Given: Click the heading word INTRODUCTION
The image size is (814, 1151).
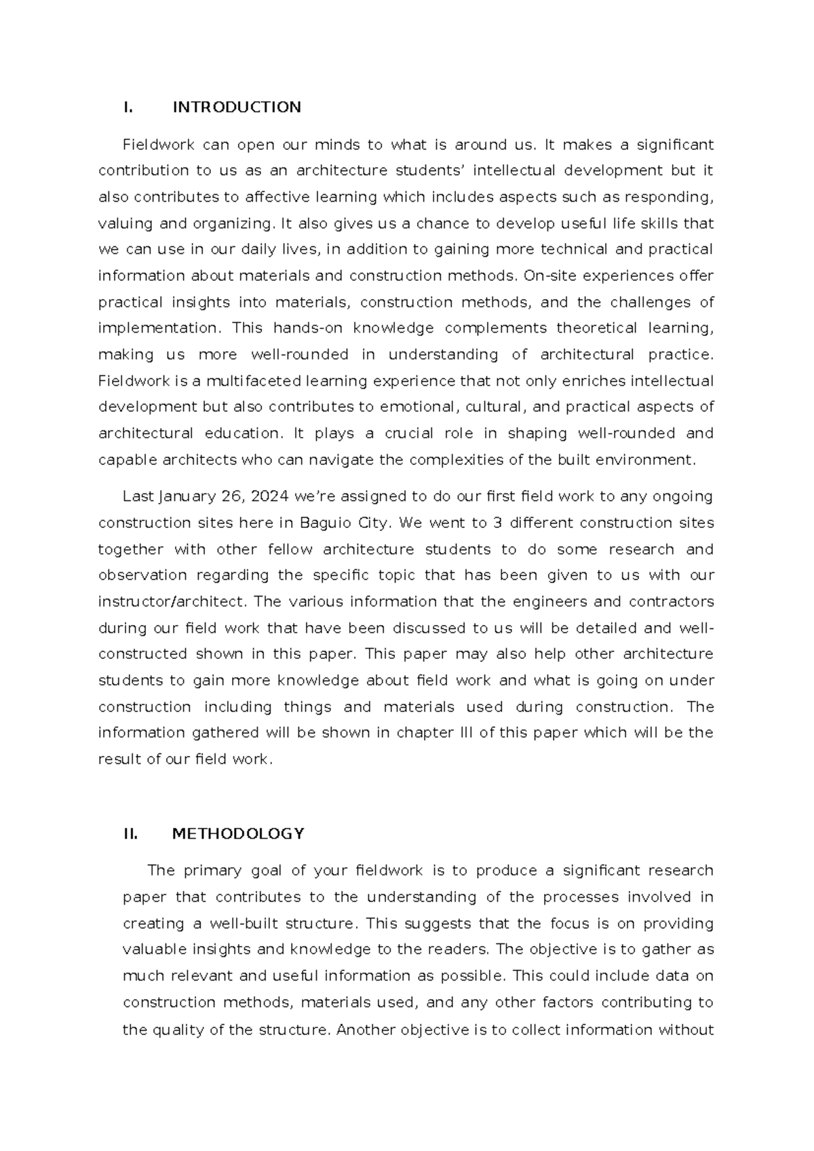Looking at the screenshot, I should (x=237, y=107).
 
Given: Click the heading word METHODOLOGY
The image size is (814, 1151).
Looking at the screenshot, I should (x=238, y=834).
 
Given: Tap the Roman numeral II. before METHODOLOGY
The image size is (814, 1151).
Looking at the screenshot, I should (x=130, y=834).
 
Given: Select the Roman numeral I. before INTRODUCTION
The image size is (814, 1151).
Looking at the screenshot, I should (x=126, y=107).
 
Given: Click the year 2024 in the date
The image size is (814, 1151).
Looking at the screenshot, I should (x=269, y=497).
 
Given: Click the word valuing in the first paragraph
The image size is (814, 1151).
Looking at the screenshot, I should (x=125, y=223).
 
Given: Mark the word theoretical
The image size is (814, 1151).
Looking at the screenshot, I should (x=596, y=328).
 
